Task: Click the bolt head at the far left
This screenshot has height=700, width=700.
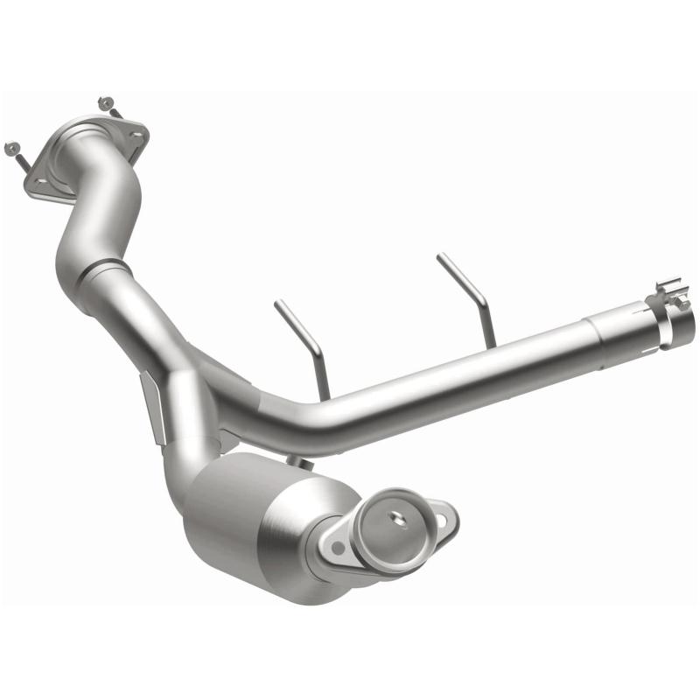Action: [x=10, y=147]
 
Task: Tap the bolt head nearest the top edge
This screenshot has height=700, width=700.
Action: [x=106, y=102]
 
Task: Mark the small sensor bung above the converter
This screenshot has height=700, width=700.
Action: [x=298, y=460]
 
